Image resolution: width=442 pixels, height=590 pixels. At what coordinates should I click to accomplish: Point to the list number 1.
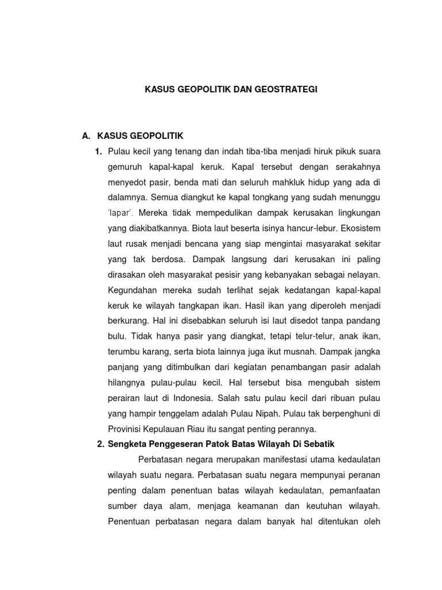(98, 152)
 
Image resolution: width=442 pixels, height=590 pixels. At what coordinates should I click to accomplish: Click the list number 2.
(98, 444)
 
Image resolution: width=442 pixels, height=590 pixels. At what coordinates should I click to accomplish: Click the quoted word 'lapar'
(121, 213)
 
